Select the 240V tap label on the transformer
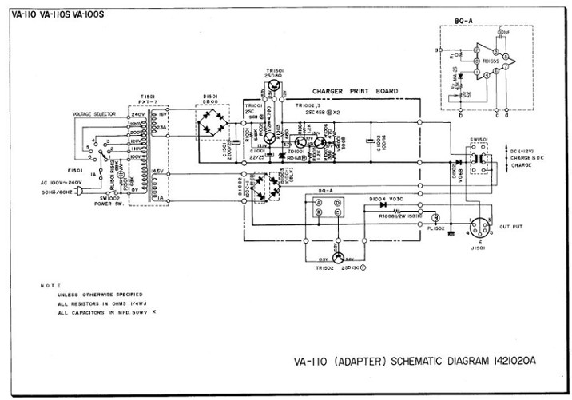click(137, 114)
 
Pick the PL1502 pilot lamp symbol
click(435, 217)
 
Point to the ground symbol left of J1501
click(452, 234)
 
